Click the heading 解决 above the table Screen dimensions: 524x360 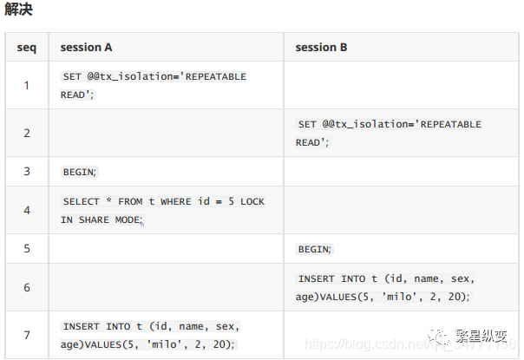(x=19, y=11)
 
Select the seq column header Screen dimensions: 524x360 (x=27, y=47)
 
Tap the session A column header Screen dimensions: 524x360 (x=86, y=47)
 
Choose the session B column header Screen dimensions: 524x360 (x=321, y=47)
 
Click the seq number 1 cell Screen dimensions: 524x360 (x=27, y=85)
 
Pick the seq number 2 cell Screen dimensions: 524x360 (x=27, y=133)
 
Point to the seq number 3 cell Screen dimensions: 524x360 (x=27, y=171)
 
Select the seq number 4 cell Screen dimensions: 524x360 (x=27, y=210)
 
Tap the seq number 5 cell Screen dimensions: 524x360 (x=27, y=248)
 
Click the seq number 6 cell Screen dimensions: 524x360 (x=27, y=287)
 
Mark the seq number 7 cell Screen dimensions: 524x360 (x=27, y=335)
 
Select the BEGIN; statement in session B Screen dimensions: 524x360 (x=314, y=249)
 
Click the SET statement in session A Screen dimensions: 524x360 (x=154, y=85)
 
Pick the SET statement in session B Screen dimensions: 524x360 (x=389, y=133)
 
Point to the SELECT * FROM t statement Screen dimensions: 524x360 (x=163, y=211)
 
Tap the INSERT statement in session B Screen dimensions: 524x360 (x=385, y=288)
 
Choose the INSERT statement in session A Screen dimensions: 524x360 (x=150, y=335)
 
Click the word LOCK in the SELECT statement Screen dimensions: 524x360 (x=252, y=201)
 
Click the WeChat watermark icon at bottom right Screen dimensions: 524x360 (x=443, y=336)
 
